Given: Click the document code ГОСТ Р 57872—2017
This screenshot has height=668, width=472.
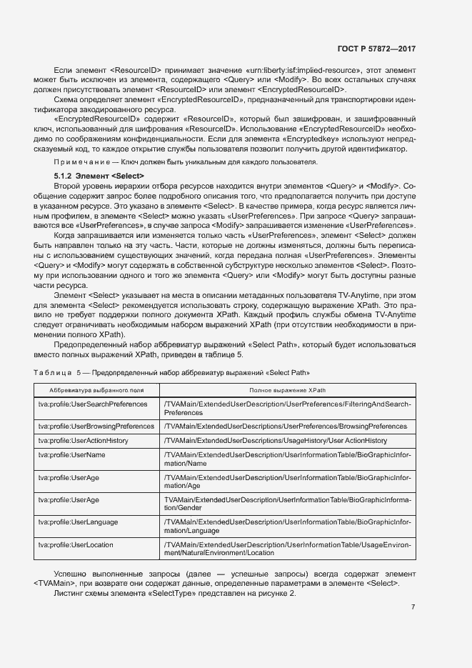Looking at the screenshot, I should pyautogui.click(x=376, y=49).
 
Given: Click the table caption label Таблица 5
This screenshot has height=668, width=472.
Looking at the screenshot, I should pyautogui.click(x=58, y=373).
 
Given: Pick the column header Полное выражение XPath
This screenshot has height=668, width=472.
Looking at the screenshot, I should pyautogui.click(x=287, y=391).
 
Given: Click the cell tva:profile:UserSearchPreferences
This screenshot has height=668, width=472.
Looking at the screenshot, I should pyautogui.click(x=93, y=405).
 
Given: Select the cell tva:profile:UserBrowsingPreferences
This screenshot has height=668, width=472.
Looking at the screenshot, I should pyautogui.click(x=96, y=427).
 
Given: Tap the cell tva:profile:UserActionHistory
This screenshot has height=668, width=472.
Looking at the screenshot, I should pyautogui.click(x=84, y=442).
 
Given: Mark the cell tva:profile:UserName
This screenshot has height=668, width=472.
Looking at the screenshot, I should pyautogui.click(x=72, y=455).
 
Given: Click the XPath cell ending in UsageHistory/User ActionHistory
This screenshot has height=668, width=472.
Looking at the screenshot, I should pyautogui.click(x=275, y=442).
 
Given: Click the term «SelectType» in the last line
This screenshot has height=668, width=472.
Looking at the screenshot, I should pyautogui.click(x=181, y=594).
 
